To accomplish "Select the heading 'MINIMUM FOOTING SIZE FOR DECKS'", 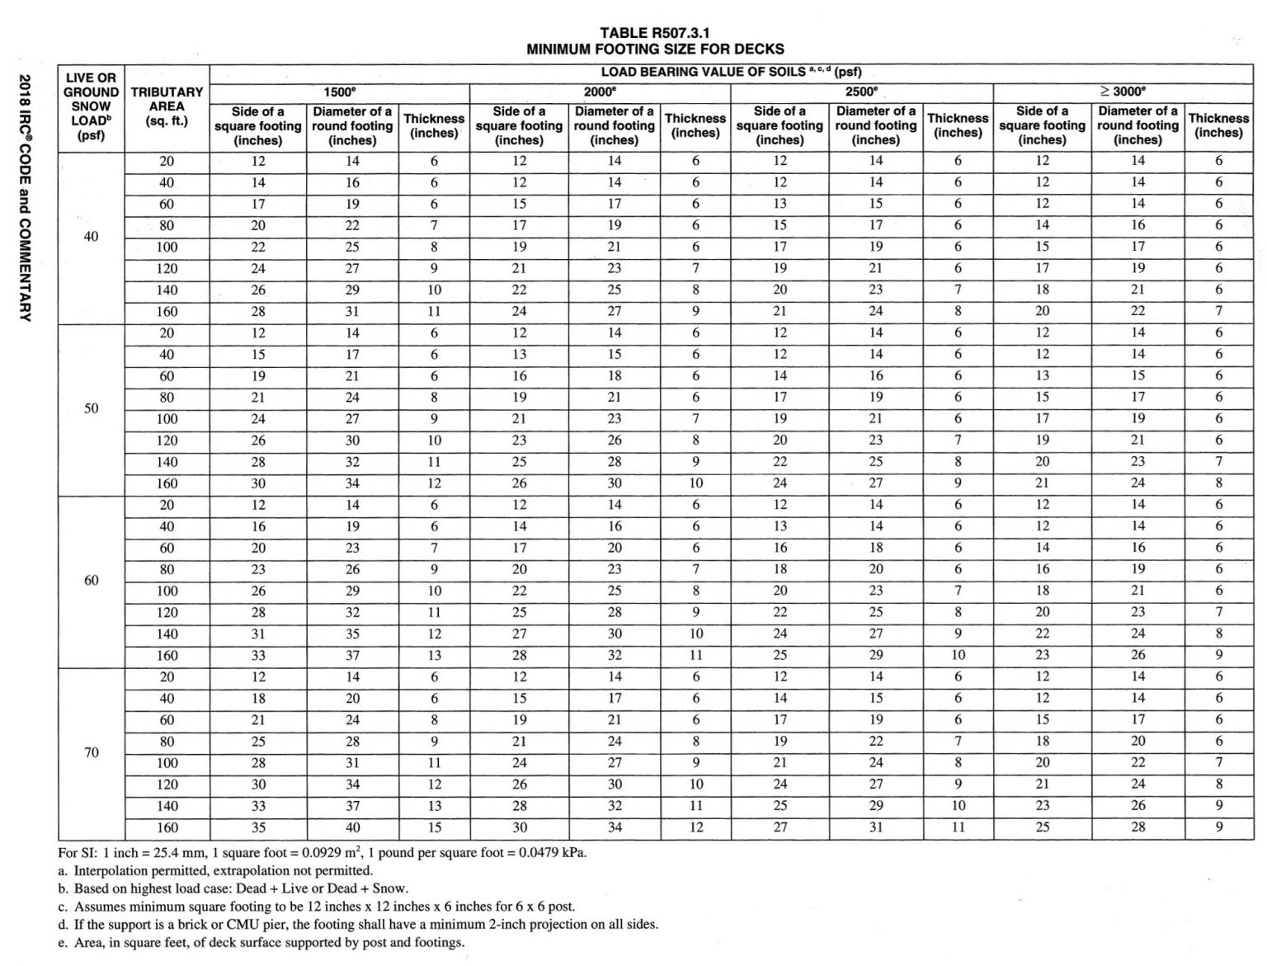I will pos(655,49).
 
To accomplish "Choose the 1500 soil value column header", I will pos(339,92).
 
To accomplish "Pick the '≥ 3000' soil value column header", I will pos(1123,92).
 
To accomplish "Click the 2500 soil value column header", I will pos(861,92).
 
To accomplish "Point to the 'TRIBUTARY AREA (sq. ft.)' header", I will pos(167,106).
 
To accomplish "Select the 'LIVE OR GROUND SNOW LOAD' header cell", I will pos(91,106).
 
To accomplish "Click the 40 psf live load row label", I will pos(91,237).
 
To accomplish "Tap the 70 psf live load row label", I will pos(91,752).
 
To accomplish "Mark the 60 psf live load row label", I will pos(91,580).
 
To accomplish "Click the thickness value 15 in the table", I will pos(434,827).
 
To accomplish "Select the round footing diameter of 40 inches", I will pos(352,827).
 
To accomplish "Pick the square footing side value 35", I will pos(258,827).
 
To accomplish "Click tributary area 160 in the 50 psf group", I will pos(167,483).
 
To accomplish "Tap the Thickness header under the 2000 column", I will pos(695,125).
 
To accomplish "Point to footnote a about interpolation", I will pos(215,870).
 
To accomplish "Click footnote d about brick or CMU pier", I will pos(358,924).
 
